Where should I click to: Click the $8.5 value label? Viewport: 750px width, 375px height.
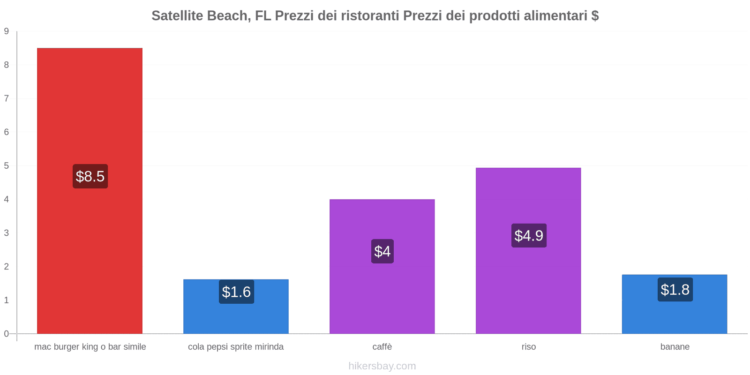pos(90,176)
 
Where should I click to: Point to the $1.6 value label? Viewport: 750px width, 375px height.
pos(236,292)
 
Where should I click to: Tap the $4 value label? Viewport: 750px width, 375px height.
pos(382,251)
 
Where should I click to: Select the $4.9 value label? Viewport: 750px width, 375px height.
pos(529,235)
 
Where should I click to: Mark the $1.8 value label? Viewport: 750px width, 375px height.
pos(675,289)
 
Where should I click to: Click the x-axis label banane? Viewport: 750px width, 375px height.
pos(675,347)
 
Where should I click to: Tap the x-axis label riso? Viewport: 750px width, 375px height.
pos(528,347)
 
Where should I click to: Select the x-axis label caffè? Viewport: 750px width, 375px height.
pos(382,347)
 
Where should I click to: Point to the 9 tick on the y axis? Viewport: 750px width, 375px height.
pos(7,31)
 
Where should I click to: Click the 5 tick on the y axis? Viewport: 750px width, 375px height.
pos(7,166)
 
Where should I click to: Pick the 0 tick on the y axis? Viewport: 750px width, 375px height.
pos(7,334)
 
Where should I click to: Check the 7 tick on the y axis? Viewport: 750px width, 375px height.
pos(7,98)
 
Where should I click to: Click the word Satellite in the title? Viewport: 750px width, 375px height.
pos(177,16)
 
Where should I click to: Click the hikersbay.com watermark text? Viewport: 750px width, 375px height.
pos(382,366)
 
